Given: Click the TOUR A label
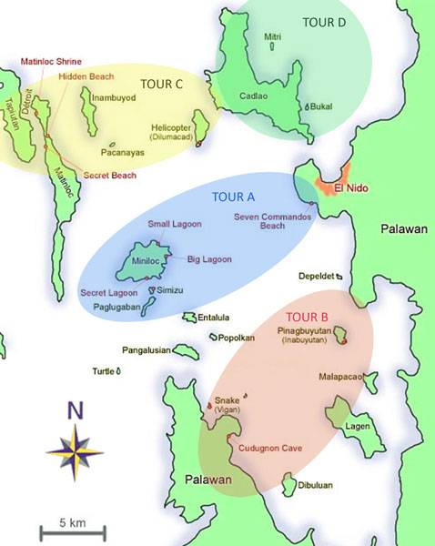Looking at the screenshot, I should pyautogui.click(x=233, y=197).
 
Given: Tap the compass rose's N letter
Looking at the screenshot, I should pyautogui.click(x=76, y=410).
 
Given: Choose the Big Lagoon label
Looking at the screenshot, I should pyautogui.click(x=209, y=259).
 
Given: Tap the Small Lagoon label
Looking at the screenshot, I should pyautogui.click(x=171, y=223).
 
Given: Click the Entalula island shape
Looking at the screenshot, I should pyautogui.click(x=189, y=318).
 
